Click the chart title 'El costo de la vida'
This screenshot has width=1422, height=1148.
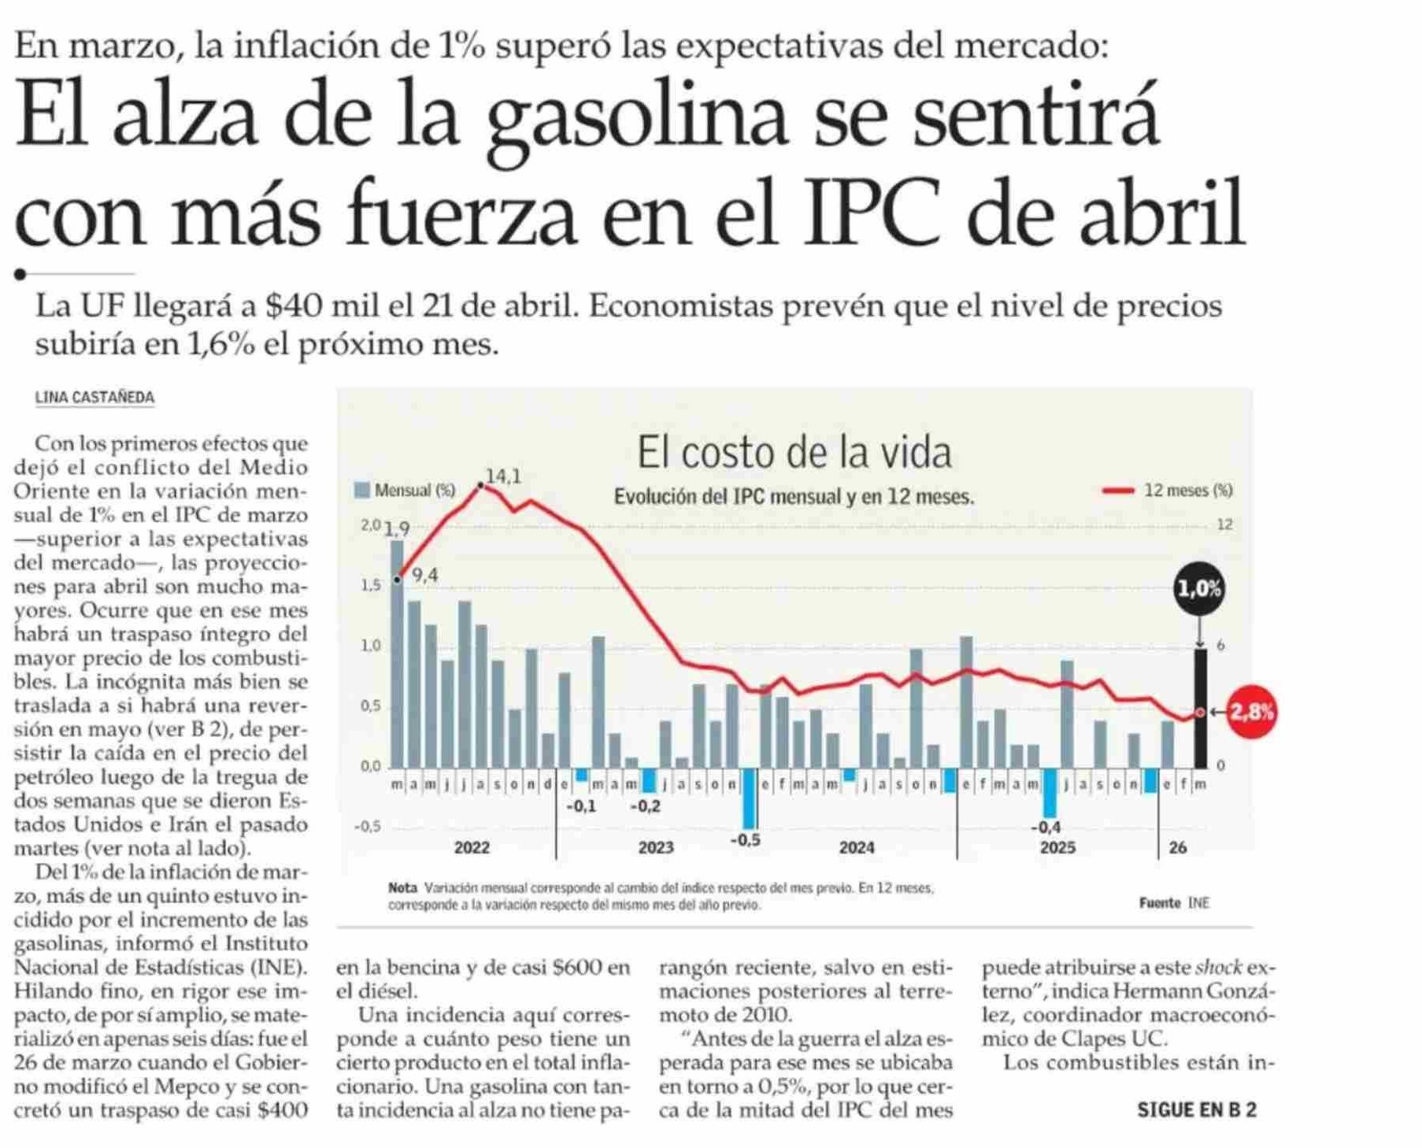click(x=794, y=452)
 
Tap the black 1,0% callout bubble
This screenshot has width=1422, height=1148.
click(x=1199, y=588)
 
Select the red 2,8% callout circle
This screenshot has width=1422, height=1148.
click(x=1251, y=713)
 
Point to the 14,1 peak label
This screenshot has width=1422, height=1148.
click(x=502, y=476)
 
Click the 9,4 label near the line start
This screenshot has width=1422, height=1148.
click(x=424, y=576)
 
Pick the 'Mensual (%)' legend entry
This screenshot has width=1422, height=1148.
click(x=406, y=491)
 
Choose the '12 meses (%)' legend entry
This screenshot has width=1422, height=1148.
click(x=1168, y=491)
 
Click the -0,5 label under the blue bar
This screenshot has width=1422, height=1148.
click(x=745, y=840)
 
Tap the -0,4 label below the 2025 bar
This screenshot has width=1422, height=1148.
click(x=1046, y=828)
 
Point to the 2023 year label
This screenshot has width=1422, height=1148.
click(x=655, y=847)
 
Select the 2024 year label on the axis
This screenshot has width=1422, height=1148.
click(x=856, y=847)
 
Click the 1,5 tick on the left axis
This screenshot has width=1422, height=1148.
click(x=370, y=586)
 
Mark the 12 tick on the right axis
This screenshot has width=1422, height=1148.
click(x=1224, y=524)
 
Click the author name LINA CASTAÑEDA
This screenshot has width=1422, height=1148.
click(x=94, y=398)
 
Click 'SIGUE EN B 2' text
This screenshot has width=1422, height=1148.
click(x=1196, y=1110)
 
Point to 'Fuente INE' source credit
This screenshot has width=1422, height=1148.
click(x=1173, y=903)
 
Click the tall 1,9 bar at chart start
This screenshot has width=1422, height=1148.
click(x=397, y=654)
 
